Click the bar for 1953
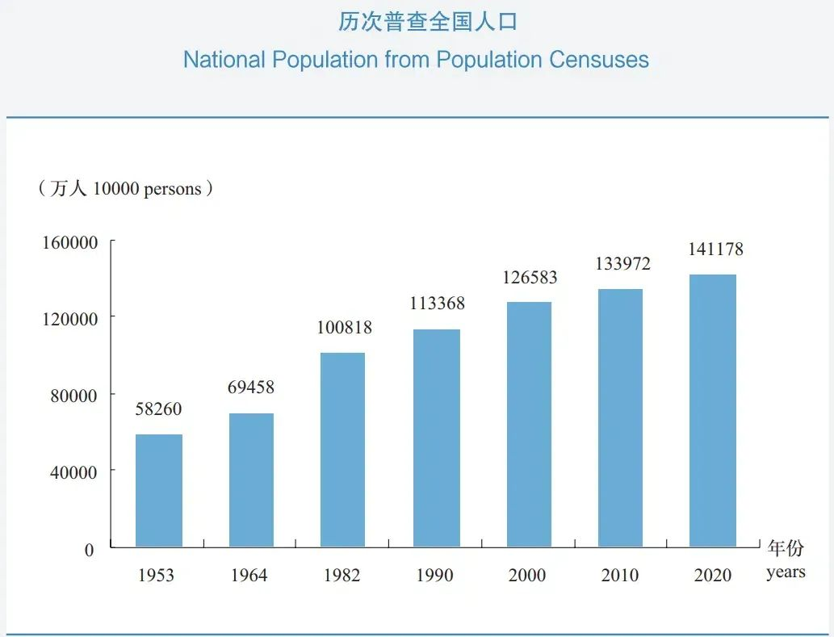(159, 491)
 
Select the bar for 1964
(251, 480)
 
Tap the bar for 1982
(342, 450)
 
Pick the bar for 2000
(529, 425)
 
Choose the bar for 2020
(713, 411)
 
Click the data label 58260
(159, 409)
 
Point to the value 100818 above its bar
(345, 328)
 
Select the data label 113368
(438, 304)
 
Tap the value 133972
(622, 264)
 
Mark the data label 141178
(715, 249)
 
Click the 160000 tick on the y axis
(70, 243)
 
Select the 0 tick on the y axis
(89, 550)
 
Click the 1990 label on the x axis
(435, 576)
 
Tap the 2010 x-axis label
(620, 576)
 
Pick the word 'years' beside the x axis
(786, 572)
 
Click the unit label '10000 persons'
(147, 189)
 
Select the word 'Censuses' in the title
(599, 60)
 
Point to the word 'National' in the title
(224, 60)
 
